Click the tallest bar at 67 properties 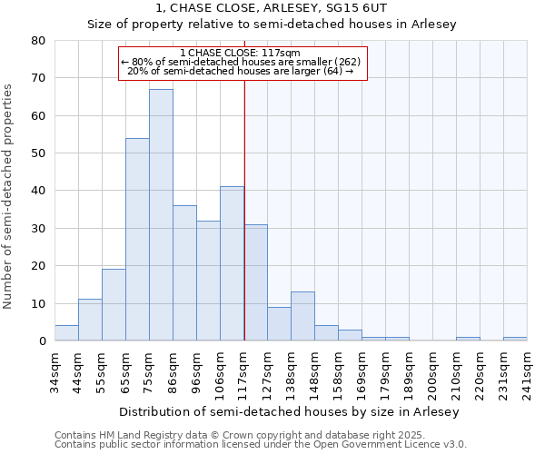point(161,215)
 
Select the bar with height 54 point(137,240)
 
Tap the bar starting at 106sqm point(232,264)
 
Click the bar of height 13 point(302,317)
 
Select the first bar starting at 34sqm point(66,333)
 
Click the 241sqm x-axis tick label point(528,374)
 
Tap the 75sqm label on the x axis point(150,372)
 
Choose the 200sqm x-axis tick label point(433,374)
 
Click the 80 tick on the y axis point(38,41)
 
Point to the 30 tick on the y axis point(38,229)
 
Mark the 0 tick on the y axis point(42,341)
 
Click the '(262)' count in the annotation point(343,62)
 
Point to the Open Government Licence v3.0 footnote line point(261,445)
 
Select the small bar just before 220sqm point(468,339)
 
